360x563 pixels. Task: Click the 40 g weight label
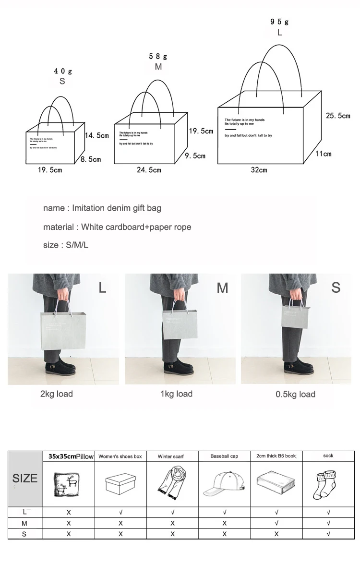62,72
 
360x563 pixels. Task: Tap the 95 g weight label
279,22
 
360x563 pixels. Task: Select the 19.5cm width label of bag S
50,170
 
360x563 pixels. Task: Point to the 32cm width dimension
259,170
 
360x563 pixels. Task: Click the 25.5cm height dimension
338,116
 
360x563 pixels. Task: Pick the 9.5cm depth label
196,156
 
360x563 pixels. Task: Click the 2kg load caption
57,394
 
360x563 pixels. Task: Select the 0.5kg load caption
295,395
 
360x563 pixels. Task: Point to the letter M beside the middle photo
222,288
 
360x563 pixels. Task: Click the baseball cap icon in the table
224,484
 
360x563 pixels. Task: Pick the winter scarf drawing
172,483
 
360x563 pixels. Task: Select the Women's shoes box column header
120,456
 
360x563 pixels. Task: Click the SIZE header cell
24,479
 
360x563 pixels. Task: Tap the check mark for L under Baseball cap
224,513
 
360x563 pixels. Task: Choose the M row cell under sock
328,523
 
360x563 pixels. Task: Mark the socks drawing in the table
328,483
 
